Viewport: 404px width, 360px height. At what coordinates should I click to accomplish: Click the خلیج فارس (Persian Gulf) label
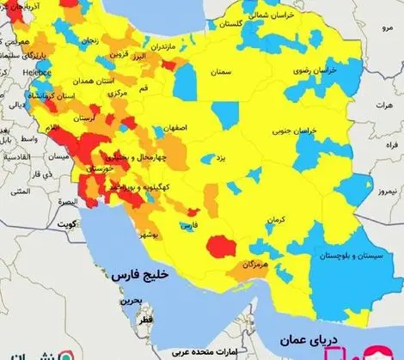coord(142,277)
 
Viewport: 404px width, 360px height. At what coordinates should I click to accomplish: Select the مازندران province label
coord(183,44)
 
